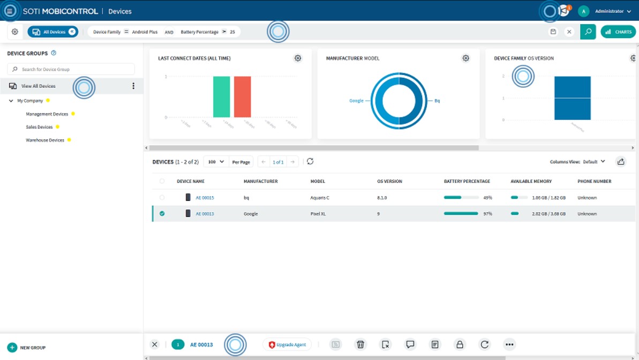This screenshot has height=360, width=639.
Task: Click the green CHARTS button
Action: tap(618, 32)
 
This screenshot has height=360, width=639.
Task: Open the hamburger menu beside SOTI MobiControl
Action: tap(10, 11)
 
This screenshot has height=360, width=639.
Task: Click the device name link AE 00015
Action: tap(205, 198)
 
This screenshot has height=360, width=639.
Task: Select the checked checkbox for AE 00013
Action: tap(162, 214)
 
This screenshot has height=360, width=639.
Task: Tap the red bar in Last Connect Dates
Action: tap(242, 97)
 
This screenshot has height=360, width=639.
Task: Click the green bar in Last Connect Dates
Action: tap(221, 97)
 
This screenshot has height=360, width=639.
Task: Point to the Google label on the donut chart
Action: tap(356, 101)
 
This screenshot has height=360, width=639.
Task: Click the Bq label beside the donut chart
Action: tap(437, 101)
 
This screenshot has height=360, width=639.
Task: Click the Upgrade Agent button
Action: tap(287, 344)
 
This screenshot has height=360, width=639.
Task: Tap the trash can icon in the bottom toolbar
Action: tap(360, 344)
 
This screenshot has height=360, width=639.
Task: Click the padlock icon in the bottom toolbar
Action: tap(460, 344)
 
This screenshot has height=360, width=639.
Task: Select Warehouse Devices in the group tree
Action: tap(45, 140)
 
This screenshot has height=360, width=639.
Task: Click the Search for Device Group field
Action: tap(71, 69)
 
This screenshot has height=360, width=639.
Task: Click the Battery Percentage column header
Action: tap(467, 182)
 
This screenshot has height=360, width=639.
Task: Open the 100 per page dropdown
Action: tap(216, 162)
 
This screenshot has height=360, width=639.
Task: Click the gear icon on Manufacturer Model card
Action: tap(466, 58)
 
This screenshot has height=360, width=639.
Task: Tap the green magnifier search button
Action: tap(588, 32)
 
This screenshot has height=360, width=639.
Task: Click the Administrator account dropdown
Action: tap(612, 11)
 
